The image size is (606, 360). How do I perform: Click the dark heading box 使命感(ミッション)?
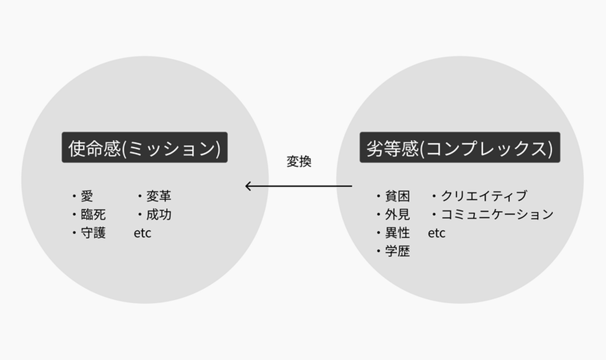point(144,147)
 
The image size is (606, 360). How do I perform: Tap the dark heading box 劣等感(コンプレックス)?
point(460,147)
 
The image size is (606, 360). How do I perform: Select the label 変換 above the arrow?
point(299,162)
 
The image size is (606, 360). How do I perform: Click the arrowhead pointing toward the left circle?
point(248,186)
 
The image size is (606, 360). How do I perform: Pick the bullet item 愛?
point(87,196)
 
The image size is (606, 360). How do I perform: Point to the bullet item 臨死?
point(93,215)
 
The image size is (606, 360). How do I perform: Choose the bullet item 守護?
point(93,233)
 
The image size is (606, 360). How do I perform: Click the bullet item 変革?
point(158,196)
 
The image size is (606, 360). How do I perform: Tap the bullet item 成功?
point(158,215)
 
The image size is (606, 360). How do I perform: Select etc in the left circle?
point(142,233)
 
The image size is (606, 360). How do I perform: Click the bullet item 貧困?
point(397,196)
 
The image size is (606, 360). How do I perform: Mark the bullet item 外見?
point(397,215)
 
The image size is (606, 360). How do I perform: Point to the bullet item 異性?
point(397,233)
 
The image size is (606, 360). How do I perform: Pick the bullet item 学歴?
point(397,251)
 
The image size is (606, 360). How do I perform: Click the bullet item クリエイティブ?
point(484,196)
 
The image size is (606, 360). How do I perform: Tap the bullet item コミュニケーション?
point(497,215)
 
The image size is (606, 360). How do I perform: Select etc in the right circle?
point(436,233)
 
